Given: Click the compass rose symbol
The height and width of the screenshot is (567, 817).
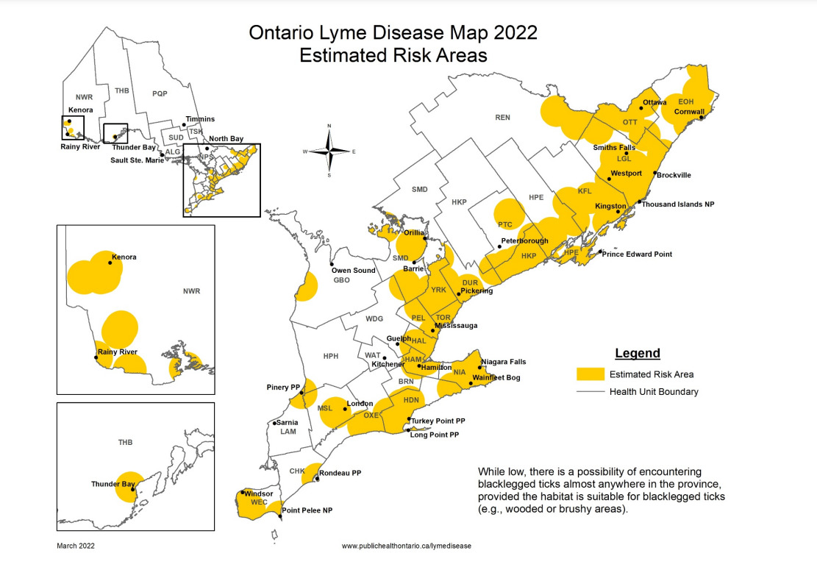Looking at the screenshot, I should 329,151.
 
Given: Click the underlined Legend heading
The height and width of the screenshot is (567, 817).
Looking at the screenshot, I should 637,354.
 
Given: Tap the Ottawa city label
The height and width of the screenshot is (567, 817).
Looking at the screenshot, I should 654,102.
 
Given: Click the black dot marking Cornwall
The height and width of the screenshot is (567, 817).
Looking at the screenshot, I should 702,118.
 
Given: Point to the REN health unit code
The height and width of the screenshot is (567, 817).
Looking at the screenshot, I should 502,117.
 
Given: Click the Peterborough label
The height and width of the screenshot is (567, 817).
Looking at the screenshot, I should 524,241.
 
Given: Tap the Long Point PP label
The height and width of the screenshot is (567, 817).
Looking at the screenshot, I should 434,435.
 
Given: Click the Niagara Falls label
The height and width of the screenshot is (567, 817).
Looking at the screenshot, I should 504,362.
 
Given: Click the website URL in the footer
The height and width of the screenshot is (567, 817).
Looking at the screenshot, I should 406,546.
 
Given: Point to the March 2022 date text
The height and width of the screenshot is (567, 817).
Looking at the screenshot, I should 76,546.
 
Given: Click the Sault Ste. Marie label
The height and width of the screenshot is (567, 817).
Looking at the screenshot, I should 137,160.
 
